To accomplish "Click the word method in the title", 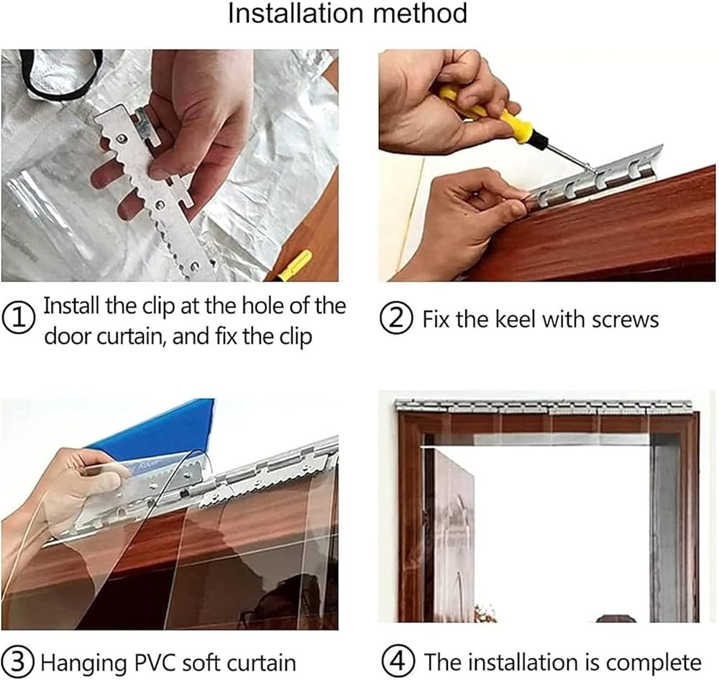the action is click(x=421, y=13).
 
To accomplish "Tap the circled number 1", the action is click(x=19, y=318).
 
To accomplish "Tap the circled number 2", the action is click(x=396, y=319).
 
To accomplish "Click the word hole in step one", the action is click(x=262, y=305).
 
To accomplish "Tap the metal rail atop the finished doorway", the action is click(x=543, y=406).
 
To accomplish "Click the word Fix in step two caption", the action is click(x=437, y=319).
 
